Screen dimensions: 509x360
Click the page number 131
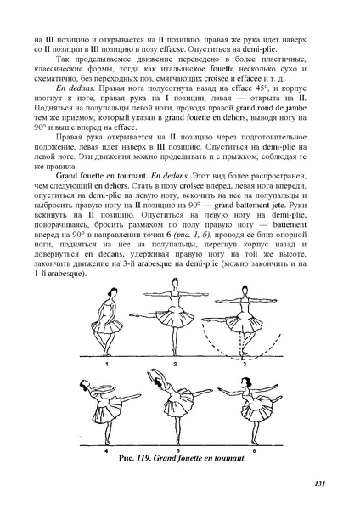(x=319, y=484)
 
